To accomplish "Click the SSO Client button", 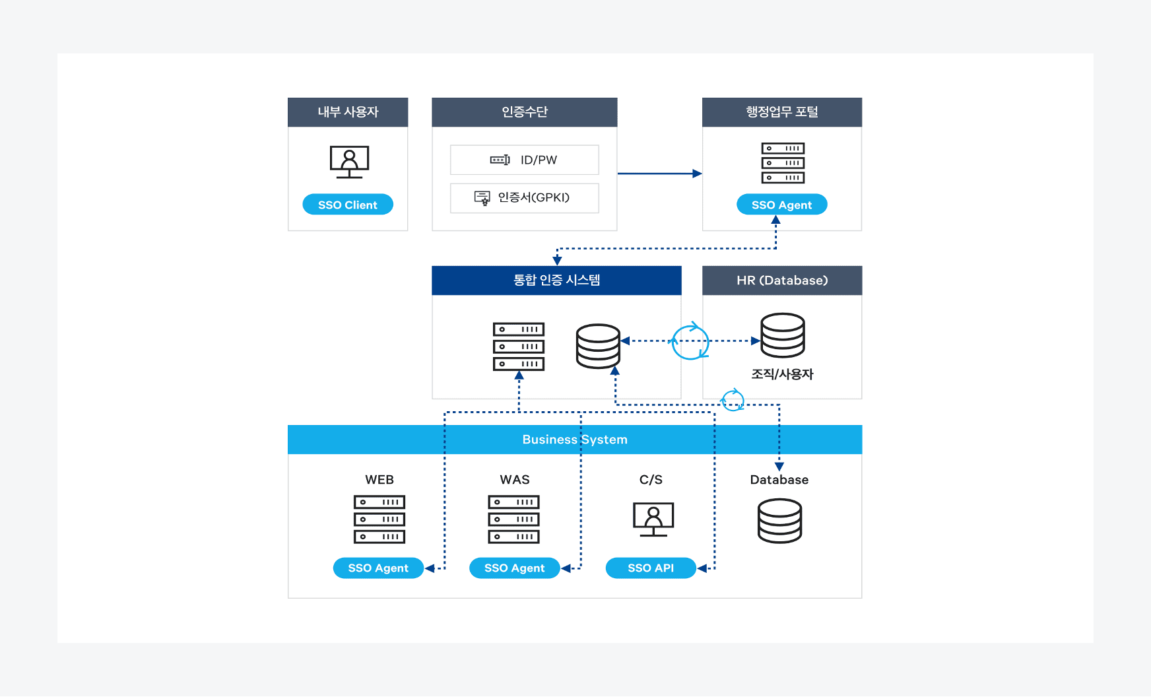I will tap(348, 205).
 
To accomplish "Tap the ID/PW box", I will tap(525, 160).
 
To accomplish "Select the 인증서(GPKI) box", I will tap(525, 198).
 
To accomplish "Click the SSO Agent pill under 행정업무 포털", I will tap(781, 205).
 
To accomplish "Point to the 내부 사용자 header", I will tap(348, 112).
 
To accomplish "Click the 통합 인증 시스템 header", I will tap(556, 281).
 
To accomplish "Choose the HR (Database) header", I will tap(782, 281).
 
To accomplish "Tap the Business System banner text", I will tap(574, 440).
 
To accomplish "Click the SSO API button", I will tap(651, 568).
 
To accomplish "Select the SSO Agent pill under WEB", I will tap(378, 568).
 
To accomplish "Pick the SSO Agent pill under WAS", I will tap(514, 568).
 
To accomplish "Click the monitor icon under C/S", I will tap(653, 519).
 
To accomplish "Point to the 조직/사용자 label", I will tap(782, 374).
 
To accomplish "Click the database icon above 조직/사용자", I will tap(783, 335).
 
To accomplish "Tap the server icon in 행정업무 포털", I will tap(783, 163).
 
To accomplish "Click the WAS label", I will tap(515, 480).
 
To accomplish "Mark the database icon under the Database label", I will tap(779, 521).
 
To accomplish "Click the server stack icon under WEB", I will tap(379, 519).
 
